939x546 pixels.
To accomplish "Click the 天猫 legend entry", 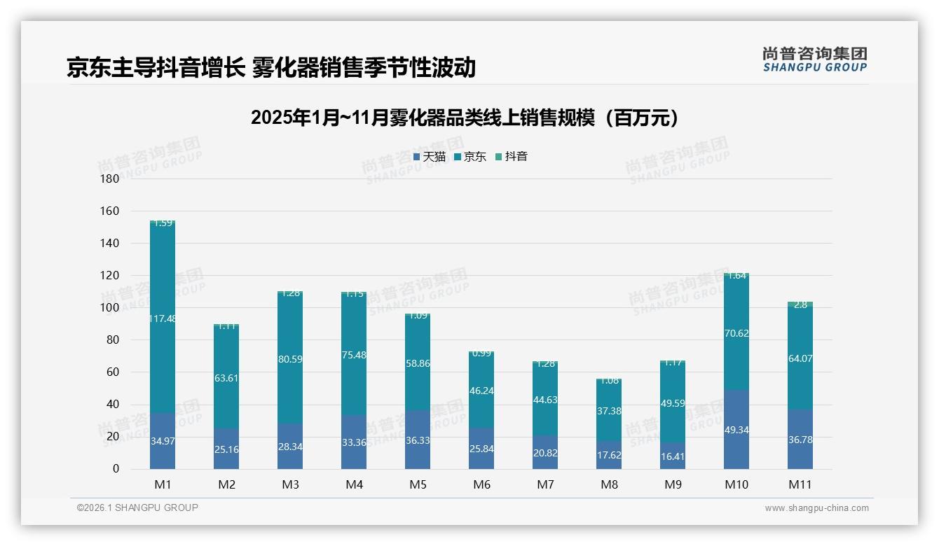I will (x=429, y=157).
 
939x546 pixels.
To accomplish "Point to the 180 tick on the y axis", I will (x=110, y=179).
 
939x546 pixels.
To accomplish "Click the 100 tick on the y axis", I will (x=110, y=308).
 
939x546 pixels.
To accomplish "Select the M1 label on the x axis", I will (x=163, y=484).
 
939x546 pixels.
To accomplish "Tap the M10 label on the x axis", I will (x=736, y=484).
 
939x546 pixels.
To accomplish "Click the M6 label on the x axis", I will (x=481, y=484).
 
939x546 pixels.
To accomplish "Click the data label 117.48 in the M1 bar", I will (x=163, y=318).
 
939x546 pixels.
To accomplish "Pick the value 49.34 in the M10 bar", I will (x=736, y=430).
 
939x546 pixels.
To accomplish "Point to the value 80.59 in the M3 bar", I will (x=290, y=360).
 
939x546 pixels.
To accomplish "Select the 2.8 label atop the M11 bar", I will (x=800, y=304).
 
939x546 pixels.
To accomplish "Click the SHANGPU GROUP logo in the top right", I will (x=814, y=59).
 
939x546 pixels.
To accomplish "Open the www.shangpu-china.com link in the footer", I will (x=816, y=508).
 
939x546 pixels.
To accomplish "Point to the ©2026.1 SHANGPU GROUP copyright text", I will (x=137, y=507).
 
